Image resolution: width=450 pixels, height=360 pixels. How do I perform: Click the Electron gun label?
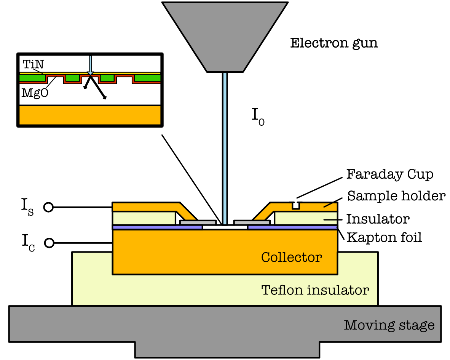pos(334,43)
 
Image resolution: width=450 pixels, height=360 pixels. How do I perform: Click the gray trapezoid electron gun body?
pos(225,34)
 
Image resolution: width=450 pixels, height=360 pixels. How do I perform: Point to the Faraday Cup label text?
pos(389,175)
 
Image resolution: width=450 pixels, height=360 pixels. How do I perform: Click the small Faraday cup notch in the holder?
pos(295,205)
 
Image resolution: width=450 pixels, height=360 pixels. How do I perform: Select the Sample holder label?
pos(396,196)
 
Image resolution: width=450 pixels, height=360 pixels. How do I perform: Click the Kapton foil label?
pos(384,238)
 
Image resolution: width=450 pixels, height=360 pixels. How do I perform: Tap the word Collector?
pos(291,258)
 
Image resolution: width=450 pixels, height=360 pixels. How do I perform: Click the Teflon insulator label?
pos(315,290)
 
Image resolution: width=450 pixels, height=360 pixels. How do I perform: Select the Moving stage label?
pos(389,325)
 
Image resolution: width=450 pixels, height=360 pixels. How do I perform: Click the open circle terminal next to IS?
pos(48,207)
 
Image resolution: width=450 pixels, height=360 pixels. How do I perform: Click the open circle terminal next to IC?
pos(48,242)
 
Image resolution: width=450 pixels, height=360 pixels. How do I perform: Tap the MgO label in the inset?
pos(35,93)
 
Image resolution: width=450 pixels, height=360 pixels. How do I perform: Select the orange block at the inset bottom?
pos(90,115)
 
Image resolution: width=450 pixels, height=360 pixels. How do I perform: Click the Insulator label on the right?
pos(378,219)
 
